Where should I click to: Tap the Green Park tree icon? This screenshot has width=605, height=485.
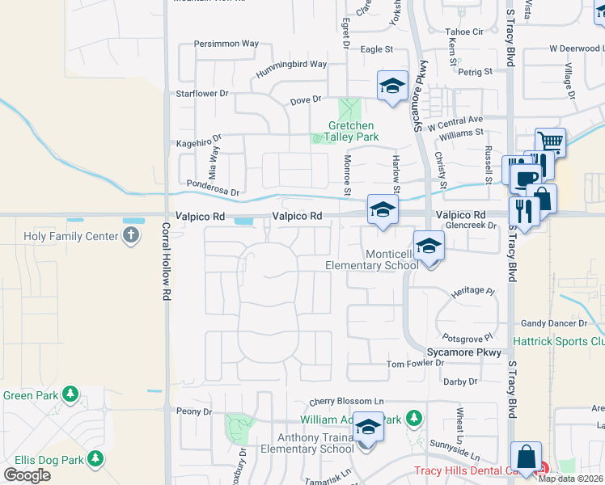click(71, 394)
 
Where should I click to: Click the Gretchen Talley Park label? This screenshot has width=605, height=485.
click(352, 132)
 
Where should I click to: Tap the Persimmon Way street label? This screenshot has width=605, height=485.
click(226, 44)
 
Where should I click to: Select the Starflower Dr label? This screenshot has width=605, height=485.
click(203, 94)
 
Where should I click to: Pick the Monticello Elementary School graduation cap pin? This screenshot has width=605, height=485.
click(429, 246)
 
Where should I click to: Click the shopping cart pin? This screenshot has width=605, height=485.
click(550, 142)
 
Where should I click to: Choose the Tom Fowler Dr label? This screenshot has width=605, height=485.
click(415, 363)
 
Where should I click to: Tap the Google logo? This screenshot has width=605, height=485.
click(27, 475)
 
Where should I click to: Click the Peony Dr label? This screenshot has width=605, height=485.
click(194, 411)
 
